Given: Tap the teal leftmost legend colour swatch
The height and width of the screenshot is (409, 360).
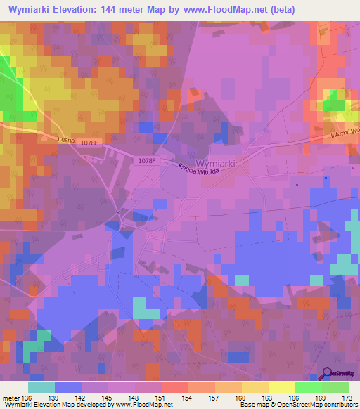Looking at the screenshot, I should pyautogui.click(x=41, y=387).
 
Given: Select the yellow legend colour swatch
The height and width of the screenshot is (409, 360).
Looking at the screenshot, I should pyautogui.click(x=282, y=387).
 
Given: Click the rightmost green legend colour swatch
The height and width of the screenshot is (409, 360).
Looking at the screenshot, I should pyautogui.click(x=335, y=387).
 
